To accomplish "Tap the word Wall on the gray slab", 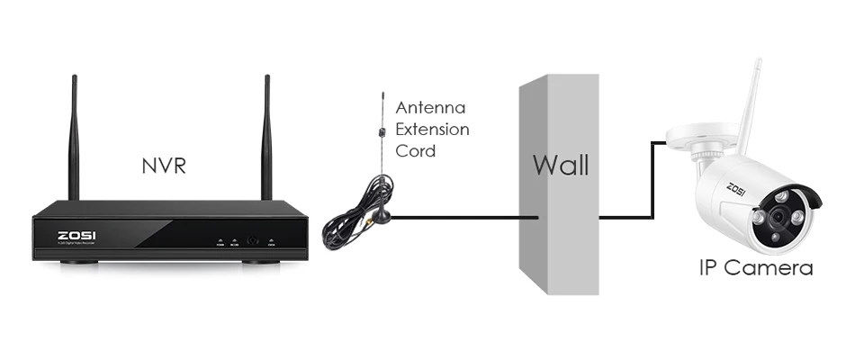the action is [560, 165].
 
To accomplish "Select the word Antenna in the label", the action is [431, 108].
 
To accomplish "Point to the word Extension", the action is [432, 130].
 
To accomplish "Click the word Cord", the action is [416, 150].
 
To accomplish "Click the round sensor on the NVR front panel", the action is [254, 240].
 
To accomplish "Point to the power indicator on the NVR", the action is [219, 242].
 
